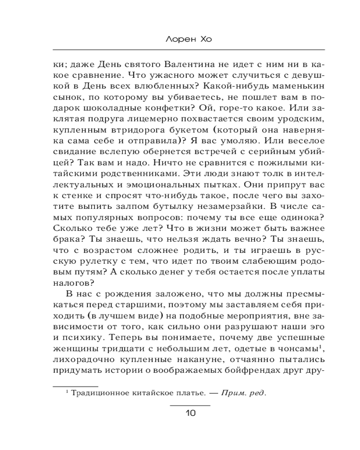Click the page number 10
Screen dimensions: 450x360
[x=189, y=414]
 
